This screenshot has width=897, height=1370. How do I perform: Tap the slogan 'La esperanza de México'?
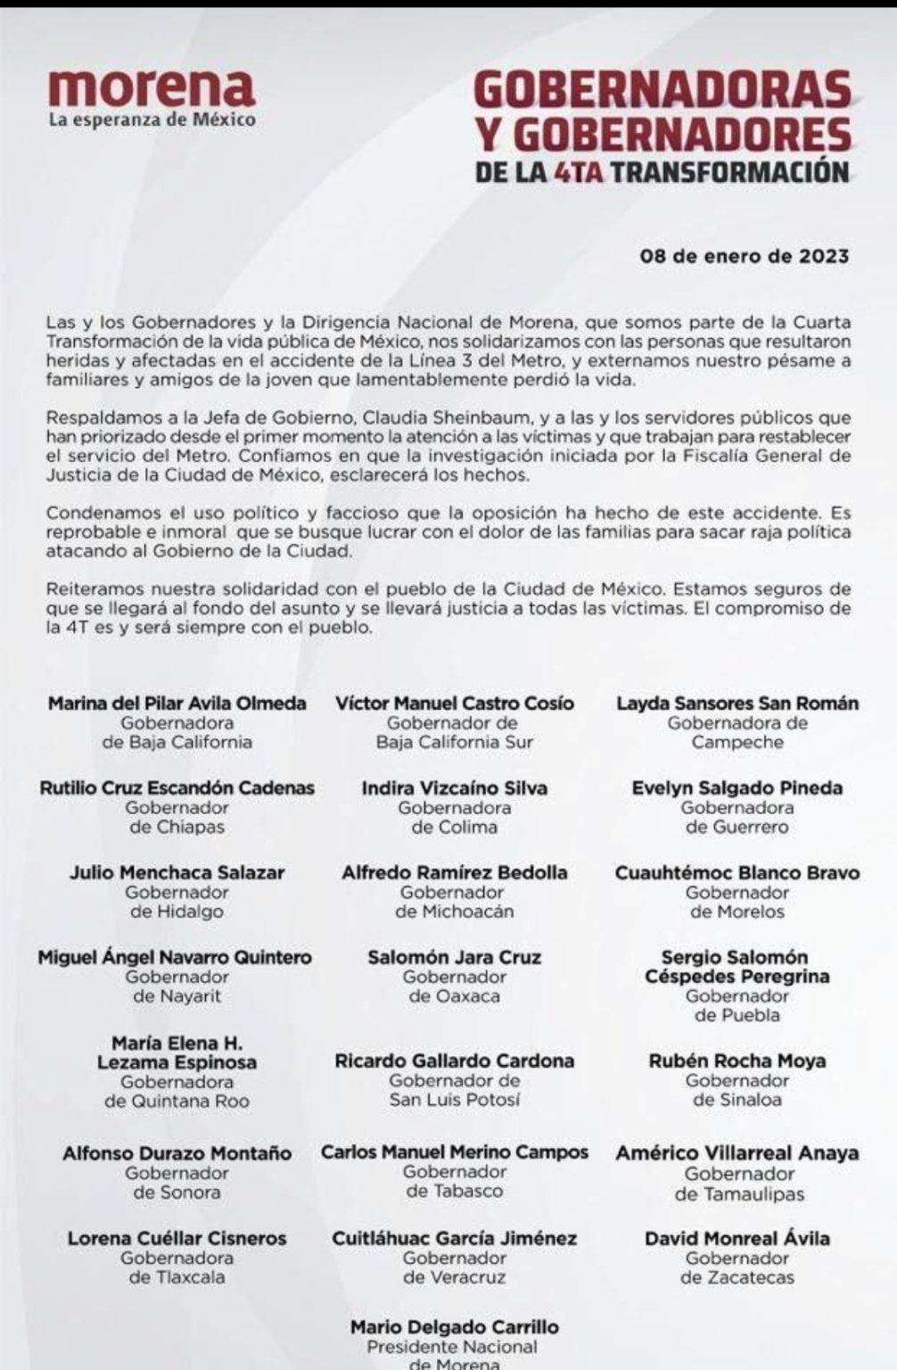click(x=152, y=120)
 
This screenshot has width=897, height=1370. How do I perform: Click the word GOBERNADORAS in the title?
click(x=662, y=93)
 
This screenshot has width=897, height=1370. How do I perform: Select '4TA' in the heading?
click(x=578, y=170)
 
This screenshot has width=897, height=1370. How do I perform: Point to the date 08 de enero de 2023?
click(x=745, y=257)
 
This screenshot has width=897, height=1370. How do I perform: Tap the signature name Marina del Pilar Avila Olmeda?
click(x=177, y=703)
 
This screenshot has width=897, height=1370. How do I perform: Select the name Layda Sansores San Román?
click(x=737, y=703)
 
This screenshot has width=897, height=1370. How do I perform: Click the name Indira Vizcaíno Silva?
click(x=455, y=788)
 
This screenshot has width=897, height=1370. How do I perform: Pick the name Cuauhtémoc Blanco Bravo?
click(x=737, y=872)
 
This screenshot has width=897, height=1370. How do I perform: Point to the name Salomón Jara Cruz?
click(x=455, y=957)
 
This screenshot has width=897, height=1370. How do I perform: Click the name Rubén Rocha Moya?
click(x=737, y=1061)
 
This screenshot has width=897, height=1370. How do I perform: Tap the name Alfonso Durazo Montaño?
click(x=177, y=1152)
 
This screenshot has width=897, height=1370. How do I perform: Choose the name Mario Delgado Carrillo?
click(x=455, y=1326)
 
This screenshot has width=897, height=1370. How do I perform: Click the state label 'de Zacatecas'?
click(x=737, y=1277)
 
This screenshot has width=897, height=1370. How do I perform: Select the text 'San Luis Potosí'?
click(x=455, y=1100)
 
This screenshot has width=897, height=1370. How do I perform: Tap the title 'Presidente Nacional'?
click(x=455, y=1346)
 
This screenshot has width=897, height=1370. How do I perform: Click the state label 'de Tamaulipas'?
click(x=739, y=1193)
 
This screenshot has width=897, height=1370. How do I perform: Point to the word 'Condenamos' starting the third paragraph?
click(x=93, y=513)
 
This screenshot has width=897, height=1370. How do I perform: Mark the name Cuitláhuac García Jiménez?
click(x=455, y=1238)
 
